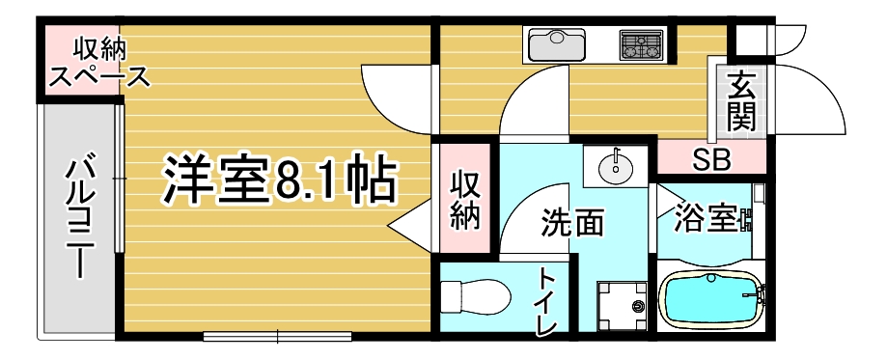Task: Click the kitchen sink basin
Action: click(x=557, y=44)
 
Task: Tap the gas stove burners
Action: click(x=641, y=44)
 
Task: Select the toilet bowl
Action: click(x=475, y=296)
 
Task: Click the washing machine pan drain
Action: click(x=639, y=306)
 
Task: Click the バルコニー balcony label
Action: click(x=79, y=218)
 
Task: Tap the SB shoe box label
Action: click(x=712, y=161)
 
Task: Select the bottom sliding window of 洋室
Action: click(x=278, y=336)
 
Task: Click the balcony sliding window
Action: click(x=119, y=179)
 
